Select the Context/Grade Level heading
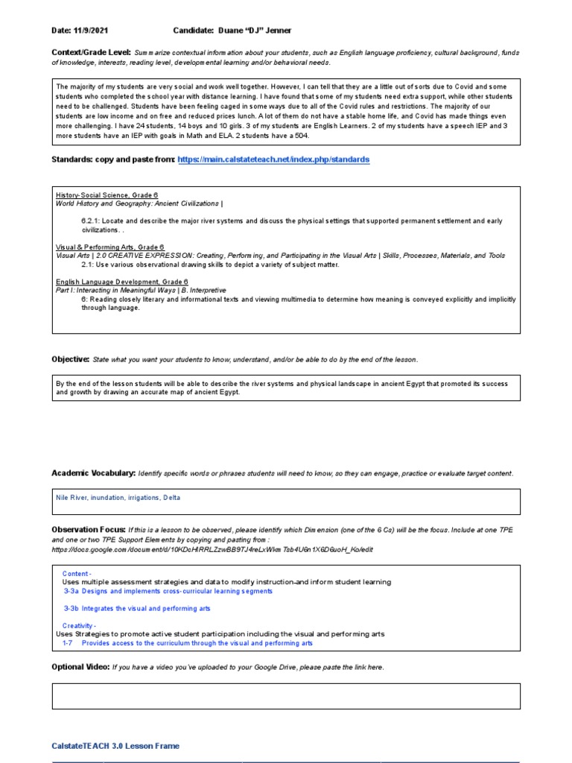[91, 52]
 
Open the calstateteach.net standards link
[273, 159]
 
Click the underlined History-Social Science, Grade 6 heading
[107, 194]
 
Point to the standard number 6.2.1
[92, 221]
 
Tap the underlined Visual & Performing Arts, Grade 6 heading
[109, 247]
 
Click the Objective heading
[70, 359]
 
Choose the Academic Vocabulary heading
[93, 473]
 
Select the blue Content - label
[77, 574]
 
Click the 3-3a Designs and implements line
[168, 591]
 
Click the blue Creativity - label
[79, 626]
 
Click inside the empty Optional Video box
[285, 696]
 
